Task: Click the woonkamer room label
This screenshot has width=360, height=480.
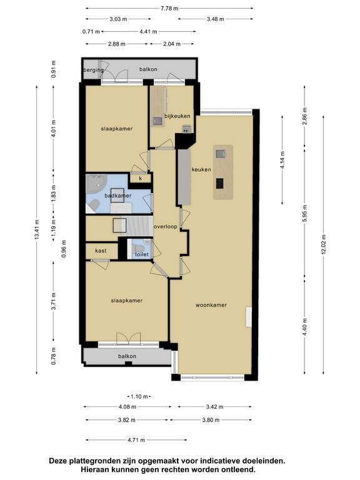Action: [x=211, y=305]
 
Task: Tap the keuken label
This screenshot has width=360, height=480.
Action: [x=201, y=169]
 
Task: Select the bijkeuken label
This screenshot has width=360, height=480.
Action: [x=177, y=116]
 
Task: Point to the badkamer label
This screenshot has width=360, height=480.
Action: [x=118, y=196]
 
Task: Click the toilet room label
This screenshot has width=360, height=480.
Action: [x=142, y=254]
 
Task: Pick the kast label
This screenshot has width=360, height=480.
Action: [x=101, y=251]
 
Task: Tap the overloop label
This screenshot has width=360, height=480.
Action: [x=165, y=227]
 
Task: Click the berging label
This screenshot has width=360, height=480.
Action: [x=93, y=70]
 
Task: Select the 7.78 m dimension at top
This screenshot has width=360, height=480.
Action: [x=169, y=8]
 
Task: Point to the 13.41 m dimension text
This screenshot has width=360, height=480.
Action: [x=37, y=229]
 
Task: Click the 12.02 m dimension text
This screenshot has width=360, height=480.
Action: [x=324, y=244]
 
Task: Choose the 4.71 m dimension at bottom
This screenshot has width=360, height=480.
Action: [x=136, y=440]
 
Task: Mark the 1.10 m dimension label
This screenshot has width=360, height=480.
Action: [x=139, y=397]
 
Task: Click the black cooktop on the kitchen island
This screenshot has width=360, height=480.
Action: [x=220, y=183]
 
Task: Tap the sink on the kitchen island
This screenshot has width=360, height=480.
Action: [x=221, y=153]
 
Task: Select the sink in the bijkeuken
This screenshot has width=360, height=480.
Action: [x=157, y=121]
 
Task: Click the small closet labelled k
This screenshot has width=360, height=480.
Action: [x=141, y=178]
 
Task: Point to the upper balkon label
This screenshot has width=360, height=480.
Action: [x=148, y=69]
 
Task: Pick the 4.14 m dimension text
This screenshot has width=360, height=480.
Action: [x=282, y=158]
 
